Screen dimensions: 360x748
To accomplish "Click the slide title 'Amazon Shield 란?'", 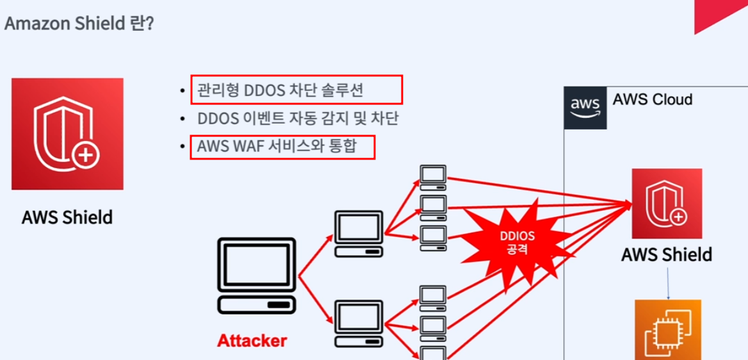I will tap(78, 24).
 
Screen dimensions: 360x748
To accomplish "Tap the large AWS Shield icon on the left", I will tap(67, 134).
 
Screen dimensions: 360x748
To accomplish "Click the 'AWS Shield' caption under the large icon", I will tap(67, 217).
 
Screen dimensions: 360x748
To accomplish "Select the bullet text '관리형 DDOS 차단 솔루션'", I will tap(280, 90).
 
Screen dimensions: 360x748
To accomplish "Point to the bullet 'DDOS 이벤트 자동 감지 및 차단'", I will tap(298, 119).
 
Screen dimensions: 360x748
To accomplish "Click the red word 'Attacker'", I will tap(252, 340).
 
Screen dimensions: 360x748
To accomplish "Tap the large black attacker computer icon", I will tap(257, 275).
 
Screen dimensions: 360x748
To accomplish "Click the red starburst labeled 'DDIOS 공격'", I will tap(517, 241).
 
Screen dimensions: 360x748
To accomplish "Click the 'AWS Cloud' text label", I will tap(652, 100).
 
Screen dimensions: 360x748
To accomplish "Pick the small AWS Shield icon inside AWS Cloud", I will tap(667, 204).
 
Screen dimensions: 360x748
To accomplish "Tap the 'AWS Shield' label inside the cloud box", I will tap(667, 254).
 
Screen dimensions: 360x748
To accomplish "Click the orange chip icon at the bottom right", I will tap(668, 330).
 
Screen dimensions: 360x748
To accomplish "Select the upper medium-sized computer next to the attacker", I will tap(359, 233).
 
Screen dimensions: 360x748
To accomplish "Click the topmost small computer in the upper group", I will tap(433, 177).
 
